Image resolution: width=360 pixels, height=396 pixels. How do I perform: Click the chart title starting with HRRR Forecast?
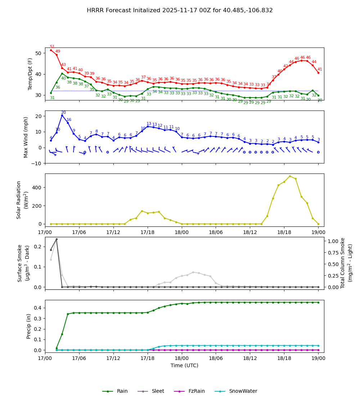point(180,10)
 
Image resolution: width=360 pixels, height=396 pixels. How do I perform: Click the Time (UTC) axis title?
point(184,365)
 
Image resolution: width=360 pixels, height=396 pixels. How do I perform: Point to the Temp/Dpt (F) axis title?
point(31,74)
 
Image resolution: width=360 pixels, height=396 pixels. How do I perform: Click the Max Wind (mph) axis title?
point(26,137)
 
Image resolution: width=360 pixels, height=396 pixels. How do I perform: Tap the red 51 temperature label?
point(52,47)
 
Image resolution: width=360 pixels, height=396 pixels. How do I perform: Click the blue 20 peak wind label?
point(63,113)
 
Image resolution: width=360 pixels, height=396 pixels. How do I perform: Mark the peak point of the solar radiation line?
point(290,176)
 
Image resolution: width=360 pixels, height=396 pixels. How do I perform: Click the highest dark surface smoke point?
point(57,239)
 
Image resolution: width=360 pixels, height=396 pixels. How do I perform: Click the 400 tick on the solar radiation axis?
point(38,188)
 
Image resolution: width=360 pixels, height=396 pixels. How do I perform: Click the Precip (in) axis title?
point(29,326)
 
